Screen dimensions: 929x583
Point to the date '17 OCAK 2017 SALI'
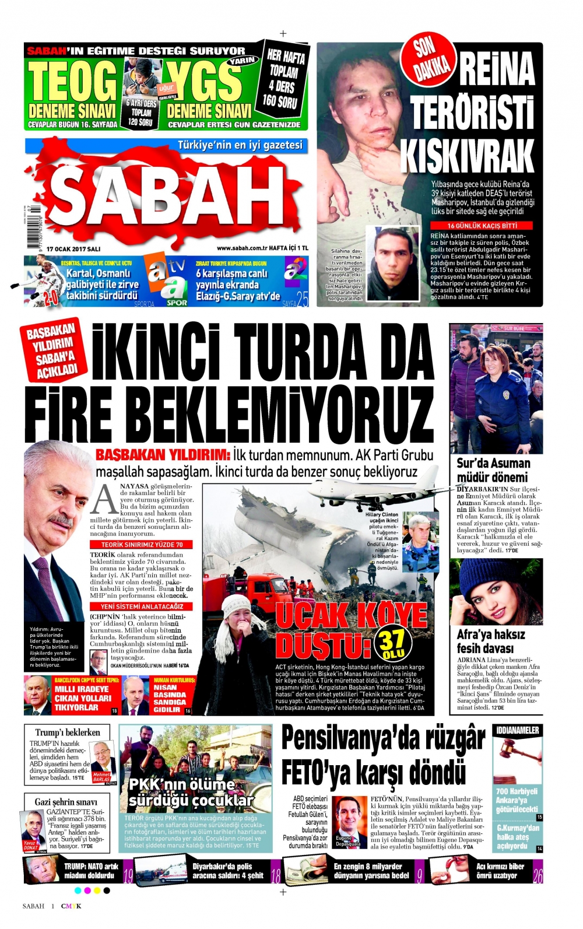click(x=73, y=248)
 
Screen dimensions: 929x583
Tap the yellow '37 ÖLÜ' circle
click(x=394, y=643)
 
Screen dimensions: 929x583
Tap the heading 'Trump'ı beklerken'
click(x=68, y=732)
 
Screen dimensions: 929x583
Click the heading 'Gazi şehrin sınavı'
click(x=66, y=802)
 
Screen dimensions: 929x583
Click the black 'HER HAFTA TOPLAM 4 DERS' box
click(x=284, y=79)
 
